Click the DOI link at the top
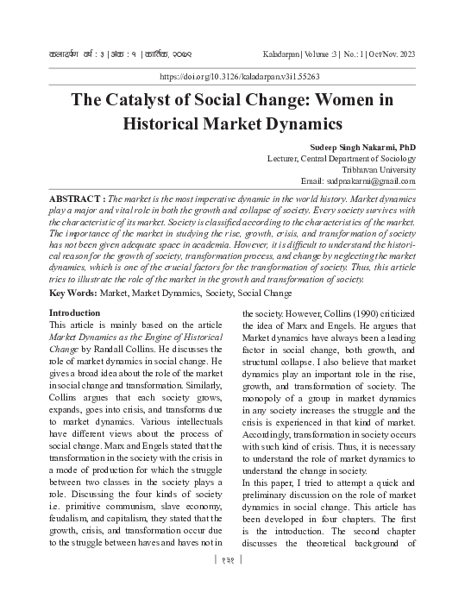click(232, 77)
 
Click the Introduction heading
click(75, 312)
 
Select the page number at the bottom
click(231, 583)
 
